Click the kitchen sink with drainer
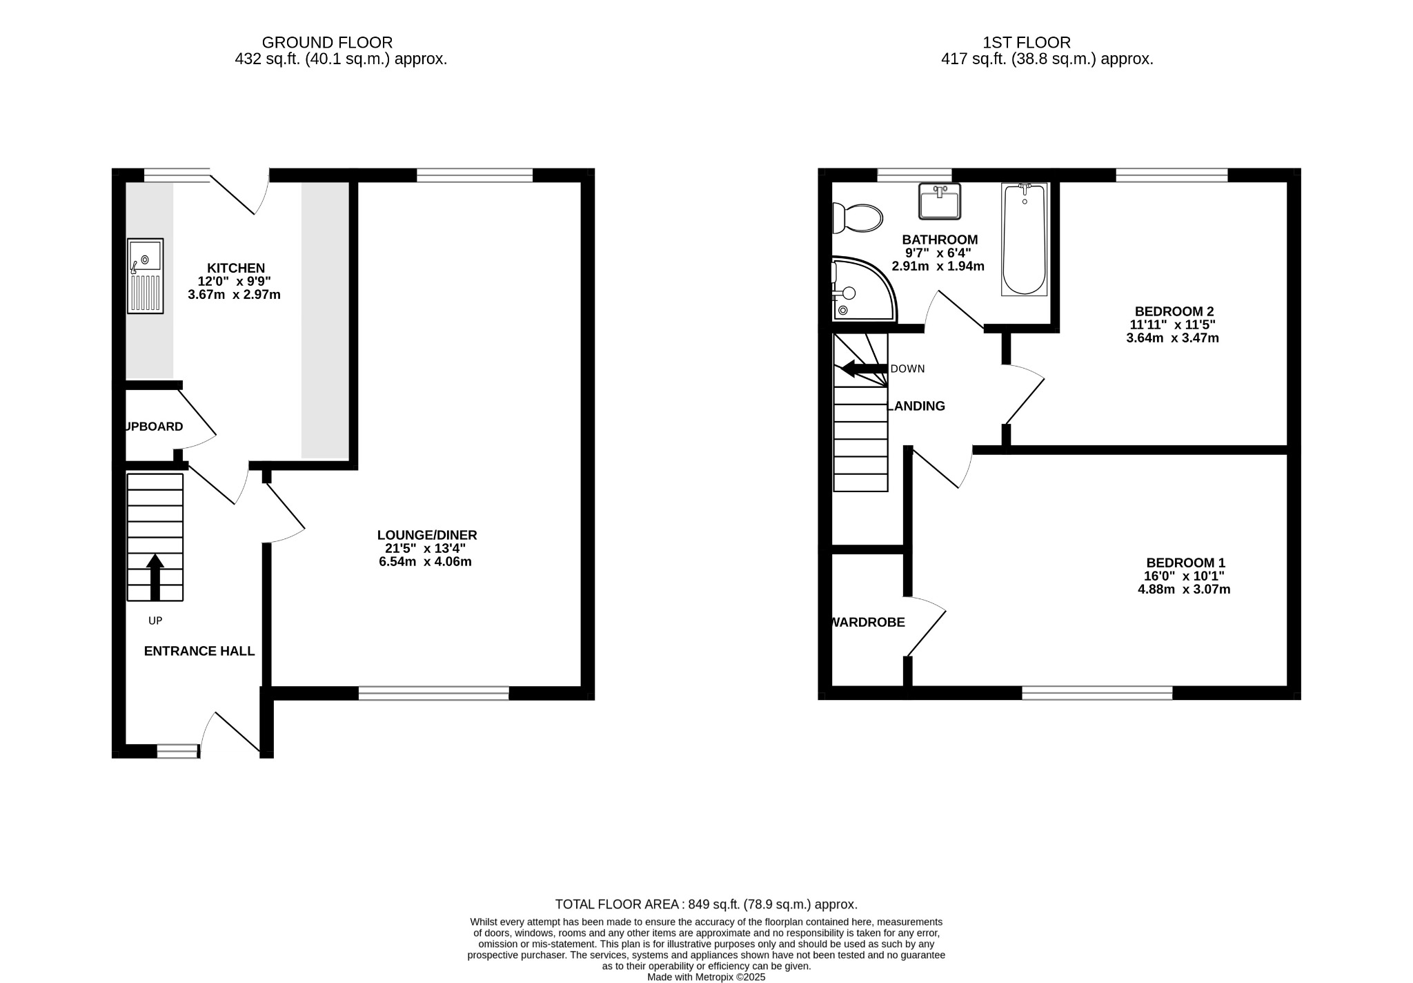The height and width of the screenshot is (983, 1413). point(146,276)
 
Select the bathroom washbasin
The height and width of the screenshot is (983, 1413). point(940,201)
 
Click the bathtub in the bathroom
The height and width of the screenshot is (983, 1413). point(1024,239)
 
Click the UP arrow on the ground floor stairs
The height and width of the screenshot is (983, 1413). point(155,576)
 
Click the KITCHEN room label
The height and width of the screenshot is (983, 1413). point(236,268)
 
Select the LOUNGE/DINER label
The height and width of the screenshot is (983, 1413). point(426,535)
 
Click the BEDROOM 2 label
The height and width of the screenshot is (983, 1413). point(1174,311)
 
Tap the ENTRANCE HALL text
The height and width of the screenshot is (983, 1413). point(199,651)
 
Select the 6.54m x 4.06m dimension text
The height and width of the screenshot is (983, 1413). point(425,562)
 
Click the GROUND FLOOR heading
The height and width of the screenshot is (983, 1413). point(327,43)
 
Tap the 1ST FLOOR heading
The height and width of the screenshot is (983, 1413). point(1027,43)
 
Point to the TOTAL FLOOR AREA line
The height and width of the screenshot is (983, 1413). point(706,904)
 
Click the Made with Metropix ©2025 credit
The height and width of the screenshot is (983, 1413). point(706,977)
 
